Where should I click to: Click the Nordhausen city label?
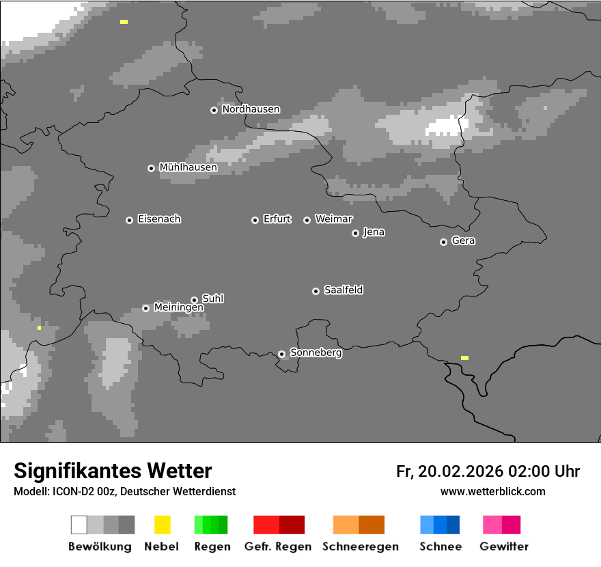click(x=251, y=109)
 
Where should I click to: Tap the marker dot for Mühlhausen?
click(x=151, y=168)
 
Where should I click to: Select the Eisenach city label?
click(x=159, y=219)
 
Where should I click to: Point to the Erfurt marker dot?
click(x=255, y=220)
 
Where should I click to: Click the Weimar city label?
click(x=333, y=219)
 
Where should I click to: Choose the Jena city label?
click(x=374, y=232)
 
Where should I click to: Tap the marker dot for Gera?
click(x=443, y=242)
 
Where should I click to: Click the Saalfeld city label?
click(x=343, y=290)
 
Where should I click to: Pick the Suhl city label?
click(x=212, y=299)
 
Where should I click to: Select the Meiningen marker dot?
click(x=145, y=308)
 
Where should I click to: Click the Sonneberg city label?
click(x=316, y=353)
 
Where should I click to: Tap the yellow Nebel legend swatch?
click(x=162, y=525)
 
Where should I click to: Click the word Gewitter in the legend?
click(x=503, y=547)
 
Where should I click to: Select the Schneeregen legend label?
click(x=360, y=547)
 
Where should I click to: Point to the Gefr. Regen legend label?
click(x=277, y=547)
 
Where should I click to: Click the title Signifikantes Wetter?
click(x=113, y=471)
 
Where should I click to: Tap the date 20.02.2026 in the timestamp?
click(x=460, y=471)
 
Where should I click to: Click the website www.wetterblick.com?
click(x=492, y=491)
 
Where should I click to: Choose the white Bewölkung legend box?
click(x=79, y=525)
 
